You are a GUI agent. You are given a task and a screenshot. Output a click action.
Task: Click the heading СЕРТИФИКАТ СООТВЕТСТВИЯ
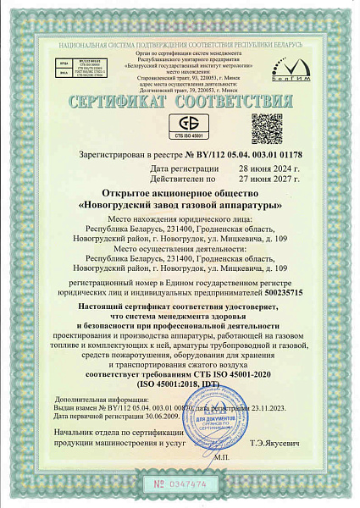point(180,102)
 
